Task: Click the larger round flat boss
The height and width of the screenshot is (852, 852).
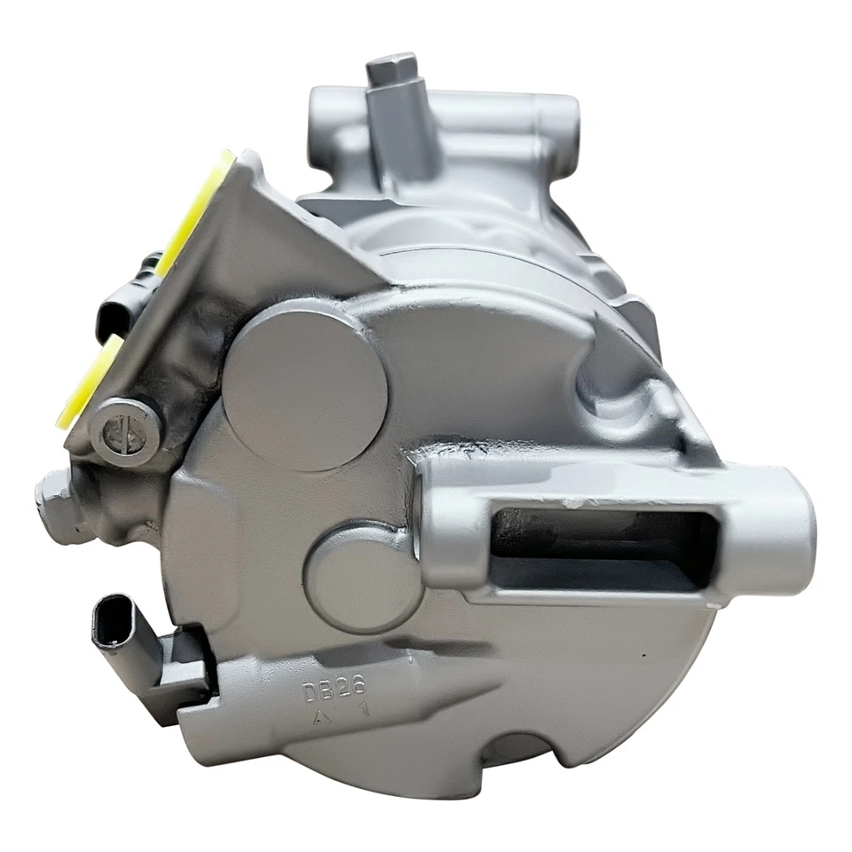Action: coord(304,384)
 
